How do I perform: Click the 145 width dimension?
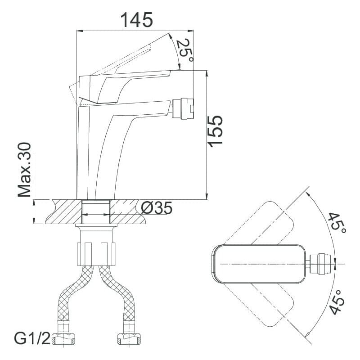point(137,20)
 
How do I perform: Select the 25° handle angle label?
point(185,50)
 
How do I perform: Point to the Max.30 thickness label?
point(24,170)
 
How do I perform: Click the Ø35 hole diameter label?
point(156,208)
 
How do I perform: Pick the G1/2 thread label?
point(32,338)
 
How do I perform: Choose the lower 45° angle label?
point(337,302)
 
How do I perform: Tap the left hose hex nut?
point(63,339)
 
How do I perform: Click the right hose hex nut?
point(129,339)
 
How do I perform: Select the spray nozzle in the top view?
point(319,264)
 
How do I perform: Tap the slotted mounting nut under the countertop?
point(96,254)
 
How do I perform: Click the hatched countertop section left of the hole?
point(65,211)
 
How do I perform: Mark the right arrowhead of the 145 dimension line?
point(191,31)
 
